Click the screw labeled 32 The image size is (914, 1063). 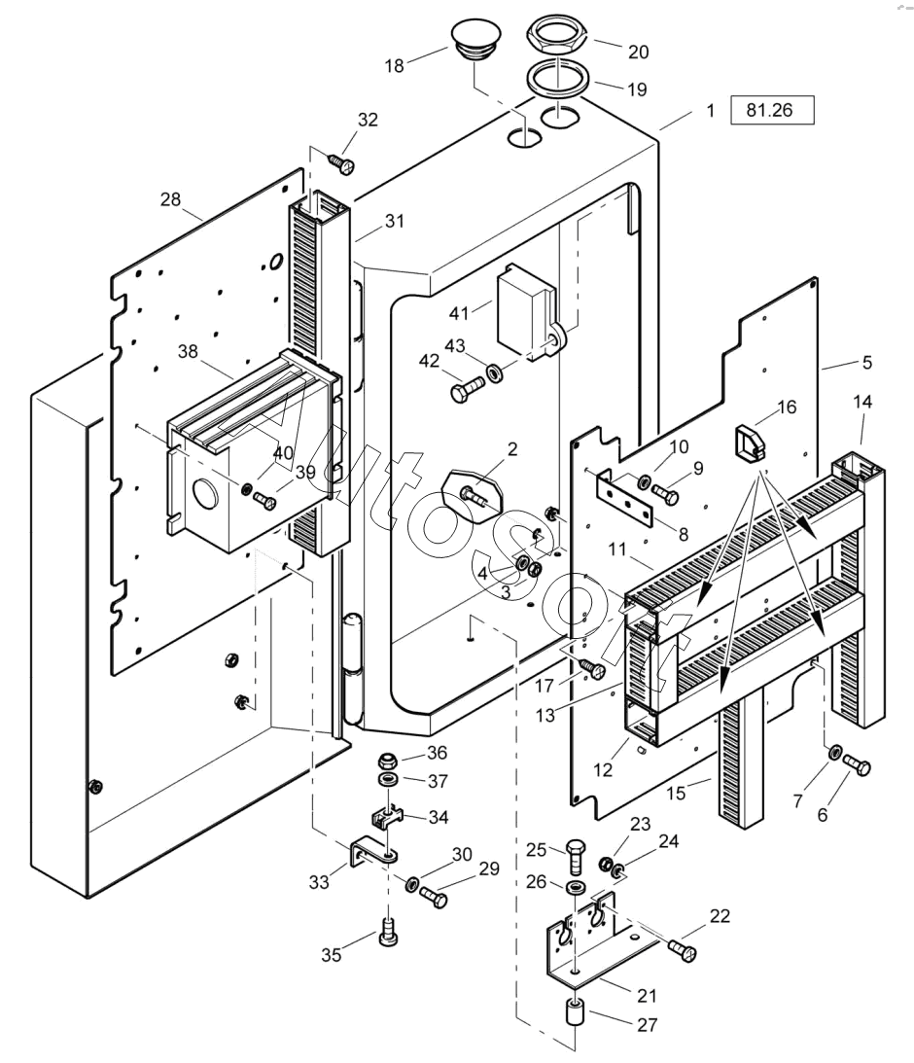pyautogui.click(x=341, y=162)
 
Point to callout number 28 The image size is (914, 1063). pyautogui.click(x=171, y=199)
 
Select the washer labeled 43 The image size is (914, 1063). pyautogui.click(x=495, y=372)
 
